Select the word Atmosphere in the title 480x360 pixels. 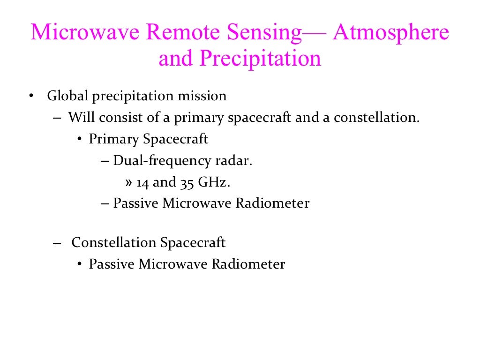[391, 33]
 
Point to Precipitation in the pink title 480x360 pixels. [261, 59]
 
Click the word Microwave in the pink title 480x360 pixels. [86, 33]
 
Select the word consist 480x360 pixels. [110, 117]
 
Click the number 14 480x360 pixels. [143, 182]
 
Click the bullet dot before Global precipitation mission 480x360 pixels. [30, 97]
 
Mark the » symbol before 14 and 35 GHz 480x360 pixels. [129, 183]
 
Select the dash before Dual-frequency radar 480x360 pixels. [105, 161]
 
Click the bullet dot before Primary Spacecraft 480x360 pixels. [79, 140]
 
